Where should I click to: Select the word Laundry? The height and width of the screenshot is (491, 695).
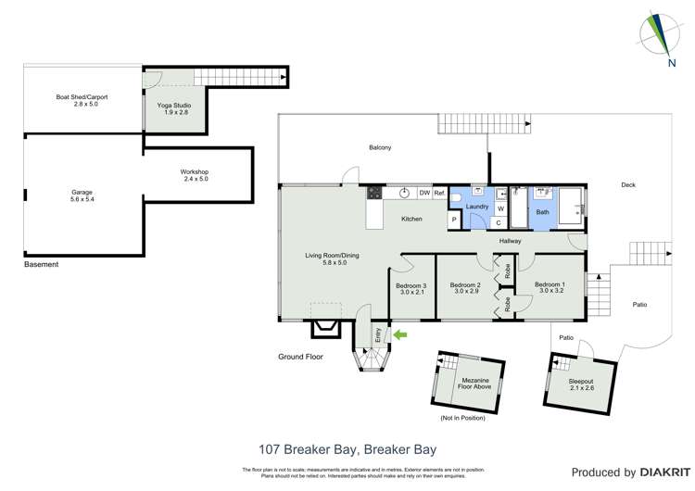coord(477,207)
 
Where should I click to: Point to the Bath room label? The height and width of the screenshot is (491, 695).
coord(542,211)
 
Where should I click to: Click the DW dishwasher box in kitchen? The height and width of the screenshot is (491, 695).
coord(423,193)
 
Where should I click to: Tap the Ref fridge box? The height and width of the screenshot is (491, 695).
coord(439,193)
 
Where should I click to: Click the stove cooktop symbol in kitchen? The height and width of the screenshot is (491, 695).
coord(375,193)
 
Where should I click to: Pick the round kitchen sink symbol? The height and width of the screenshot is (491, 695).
coord(404,193)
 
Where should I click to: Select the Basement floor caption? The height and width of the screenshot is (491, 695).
coord(41,265)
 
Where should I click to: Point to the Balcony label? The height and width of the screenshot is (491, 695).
coord(380,147)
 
